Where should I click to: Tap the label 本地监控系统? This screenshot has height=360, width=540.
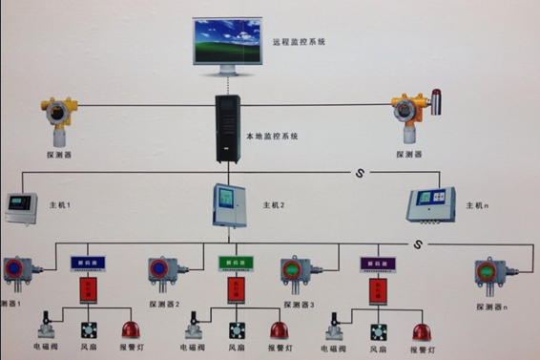click(272, 137)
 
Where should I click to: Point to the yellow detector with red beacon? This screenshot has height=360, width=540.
click(413, 114)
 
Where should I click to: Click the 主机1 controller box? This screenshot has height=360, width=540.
click(21, 206)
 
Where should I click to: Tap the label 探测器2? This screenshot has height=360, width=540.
click(164, 305)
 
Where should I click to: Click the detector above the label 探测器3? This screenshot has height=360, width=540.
click(297, 273)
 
